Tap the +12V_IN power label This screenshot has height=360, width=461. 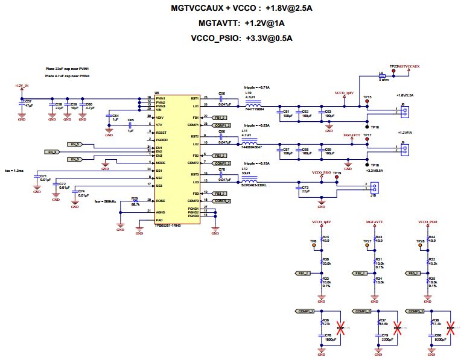click(x=21, y=86)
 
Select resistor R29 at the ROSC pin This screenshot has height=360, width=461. click(x=135, y=201)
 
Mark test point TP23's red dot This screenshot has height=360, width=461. click(x=394, y=71)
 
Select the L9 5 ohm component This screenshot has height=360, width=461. click(x=381, y=75)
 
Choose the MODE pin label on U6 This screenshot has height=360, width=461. click(x=161, y=163)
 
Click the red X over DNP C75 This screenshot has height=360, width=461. click(x=340, y=328)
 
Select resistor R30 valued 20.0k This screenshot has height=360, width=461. click(x=321, y=262)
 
